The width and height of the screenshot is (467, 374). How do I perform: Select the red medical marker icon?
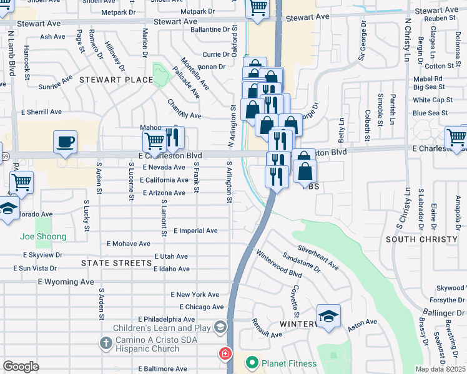225,355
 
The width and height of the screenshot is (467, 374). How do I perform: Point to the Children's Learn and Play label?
162,328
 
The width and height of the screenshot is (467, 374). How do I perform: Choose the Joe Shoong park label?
43,237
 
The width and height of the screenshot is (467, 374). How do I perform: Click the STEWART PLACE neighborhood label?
116,80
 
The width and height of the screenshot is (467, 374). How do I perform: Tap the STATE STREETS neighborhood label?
117,263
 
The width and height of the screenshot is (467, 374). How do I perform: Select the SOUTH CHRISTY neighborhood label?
422,239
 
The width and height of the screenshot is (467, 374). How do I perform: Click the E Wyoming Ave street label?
66,282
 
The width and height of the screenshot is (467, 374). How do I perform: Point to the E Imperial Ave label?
195,231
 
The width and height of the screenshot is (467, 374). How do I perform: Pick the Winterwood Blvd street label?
278,263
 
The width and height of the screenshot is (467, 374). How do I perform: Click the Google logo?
21,367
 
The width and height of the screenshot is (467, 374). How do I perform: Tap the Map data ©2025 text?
440,369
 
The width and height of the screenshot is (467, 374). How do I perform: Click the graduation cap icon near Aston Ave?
328,316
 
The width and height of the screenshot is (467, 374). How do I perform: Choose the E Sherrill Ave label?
41,112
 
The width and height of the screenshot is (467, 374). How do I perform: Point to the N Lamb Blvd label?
11,52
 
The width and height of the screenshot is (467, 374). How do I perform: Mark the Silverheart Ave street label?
318,257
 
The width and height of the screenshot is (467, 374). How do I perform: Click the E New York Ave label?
195,294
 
